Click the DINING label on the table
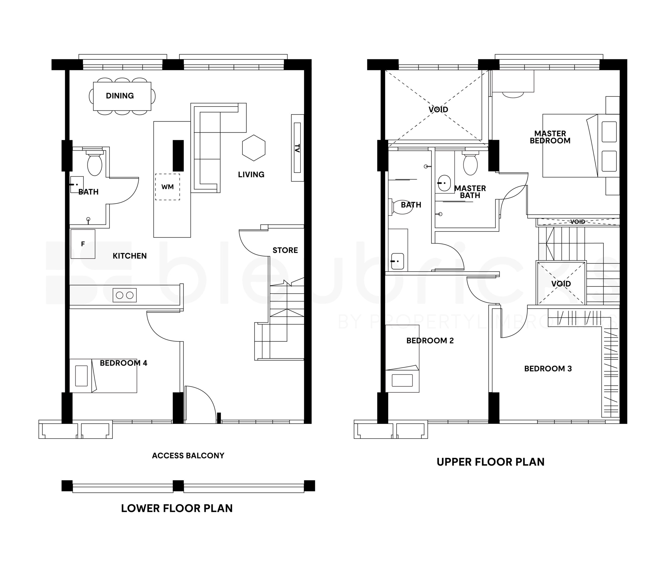click(x=120, y=96)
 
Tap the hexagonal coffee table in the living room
click(x=254, y=148)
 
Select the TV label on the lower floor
click(x=297, y=148)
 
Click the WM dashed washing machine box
click(x=168, y=187)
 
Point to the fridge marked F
click(x=83, y=244)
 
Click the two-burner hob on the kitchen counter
click(x=124, y=295)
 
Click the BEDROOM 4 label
click(x=123, y=363)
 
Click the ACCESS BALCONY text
click(x=188, y=456)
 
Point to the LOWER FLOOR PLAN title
click(x=177, y=508)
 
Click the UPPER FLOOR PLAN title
click(x=490, y=462)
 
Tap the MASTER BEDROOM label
click(x=550, y=137)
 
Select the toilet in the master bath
click(x=470, y=163)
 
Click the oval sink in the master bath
click(x=444, y=183)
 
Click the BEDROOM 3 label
click(x=548, y=369)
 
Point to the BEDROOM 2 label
click(x=430, y=341)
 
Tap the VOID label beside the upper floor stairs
click(x=561, y=284)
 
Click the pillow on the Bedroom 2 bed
click(x=402, y=380)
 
